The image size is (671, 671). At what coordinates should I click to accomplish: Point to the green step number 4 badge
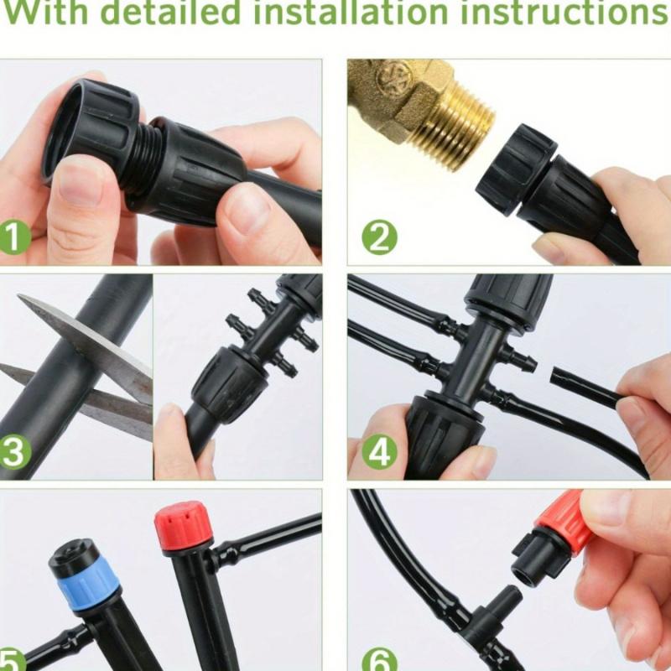coord(380,451)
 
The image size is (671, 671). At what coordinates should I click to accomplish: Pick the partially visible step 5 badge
coord(10,659)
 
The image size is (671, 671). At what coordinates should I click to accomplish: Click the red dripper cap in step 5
coord(179,525)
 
